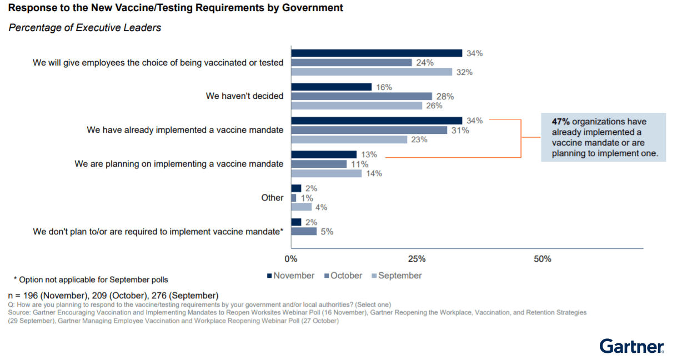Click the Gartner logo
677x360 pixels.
pyautogui.click(x=632, y=347)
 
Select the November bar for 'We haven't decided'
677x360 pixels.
pyautogui.click(x=332, y=87)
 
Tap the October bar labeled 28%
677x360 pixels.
pyautogui.click(x=362, y=96)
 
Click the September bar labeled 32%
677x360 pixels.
pyautogui.click(x=372, y=72)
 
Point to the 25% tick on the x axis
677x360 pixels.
pyautogui.click(x=417, y=259)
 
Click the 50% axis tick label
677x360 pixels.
pyautogui.click(x=543, y=259)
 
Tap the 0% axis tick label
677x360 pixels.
pyautogui.click(x=291, y=259)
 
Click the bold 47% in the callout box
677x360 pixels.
pyautogui.click(x=560, y=122)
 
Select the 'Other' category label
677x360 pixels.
pyautogui.click(x=272, y=198)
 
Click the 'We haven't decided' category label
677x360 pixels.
pyautogui.click(x=244, y=96)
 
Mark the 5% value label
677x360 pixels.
pyautogui.click(x=327, y=232)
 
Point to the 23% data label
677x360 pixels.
pyautogui.click(x=419, y=139)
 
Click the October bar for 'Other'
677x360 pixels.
pyautogui.click(x=294, y=198)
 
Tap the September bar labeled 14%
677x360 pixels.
pyautogui.click(x=327, y=173)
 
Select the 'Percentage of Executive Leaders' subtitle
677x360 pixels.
pyautogui.click(x=84, y=28)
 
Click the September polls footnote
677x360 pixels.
pyautogui.click(x=91, y=279)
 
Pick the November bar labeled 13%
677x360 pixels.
pyautogui.click(x=324, y=154)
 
